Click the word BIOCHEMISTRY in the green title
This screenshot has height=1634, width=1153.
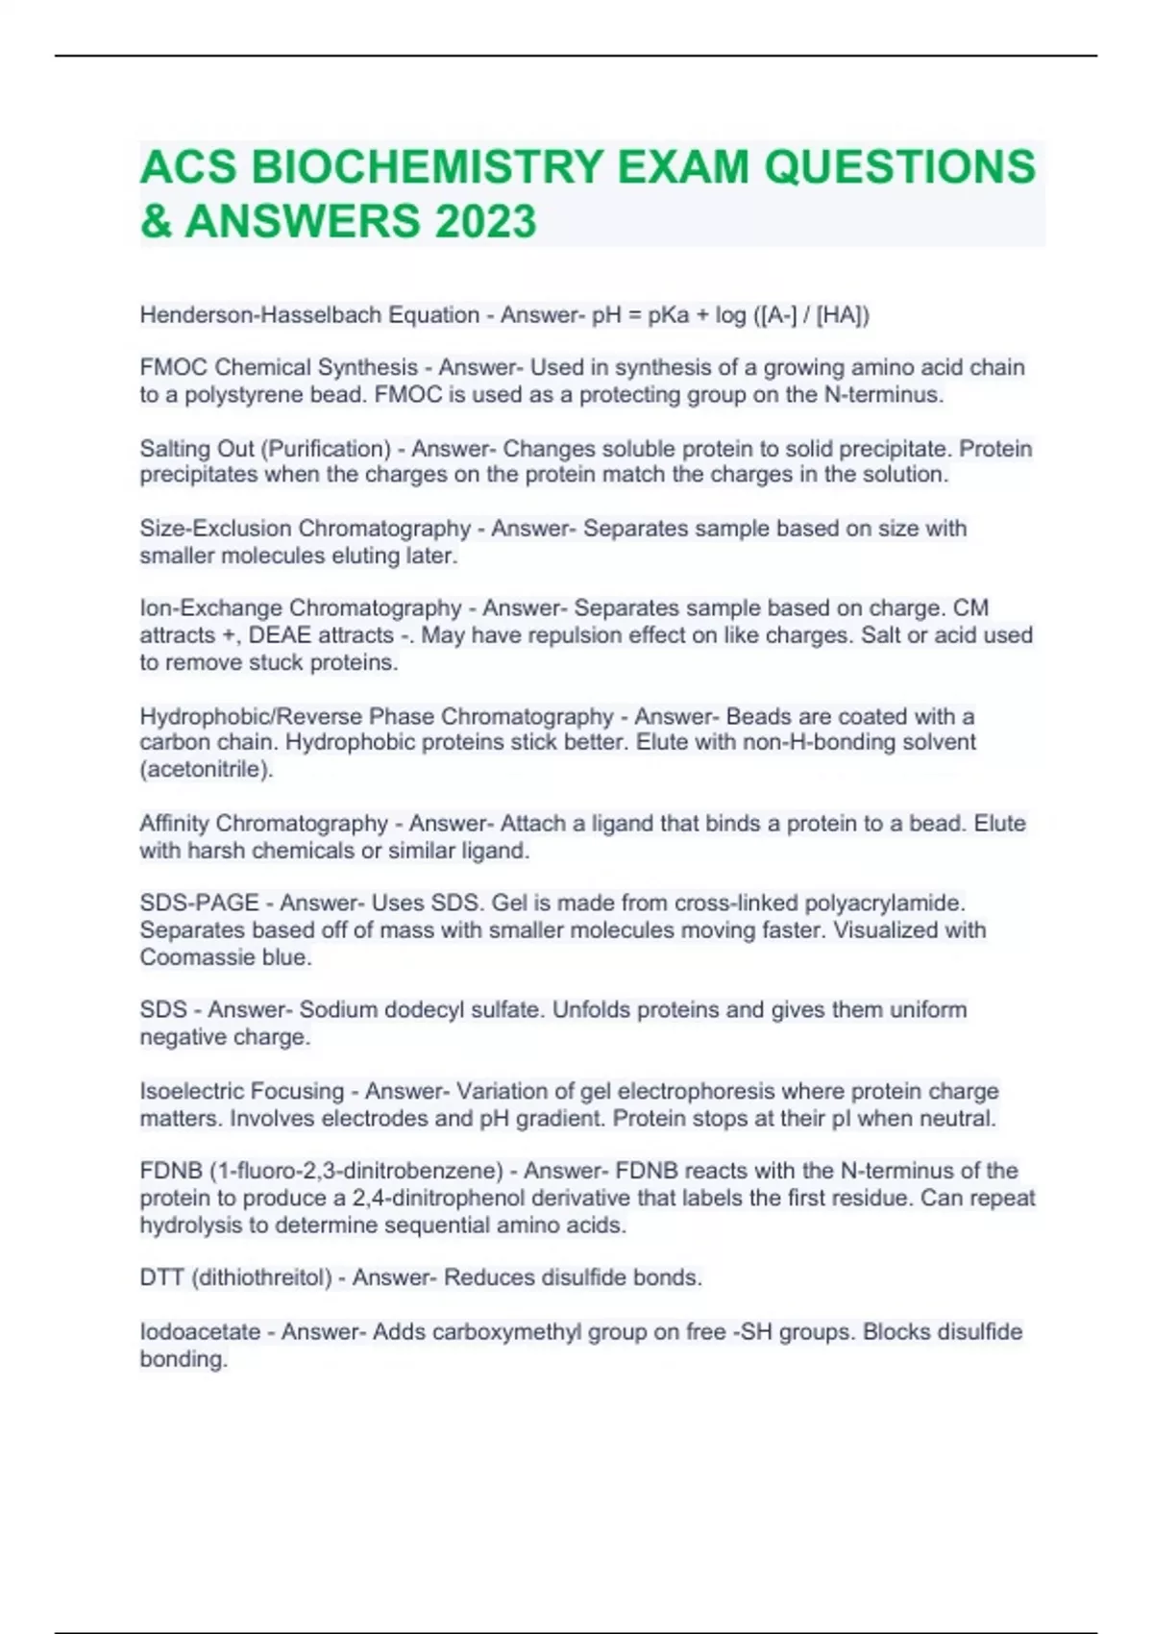tap(427, 167)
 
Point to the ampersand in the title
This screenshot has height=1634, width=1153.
tap(157, 221)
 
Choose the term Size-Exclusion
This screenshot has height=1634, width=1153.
tap(215, 529)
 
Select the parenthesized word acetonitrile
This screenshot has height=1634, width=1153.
tap(207, 769)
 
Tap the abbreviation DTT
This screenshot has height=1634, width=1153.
tap(161, 1278)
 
